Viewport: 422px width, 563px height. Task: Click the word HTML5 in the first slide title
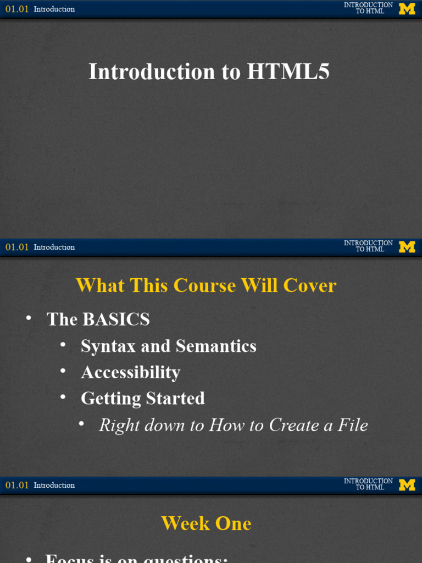coord(288,72)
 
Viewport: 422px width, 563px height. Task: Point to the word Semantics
coord(216,346)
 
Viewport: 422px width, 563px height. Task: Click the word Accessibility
coord(130,373)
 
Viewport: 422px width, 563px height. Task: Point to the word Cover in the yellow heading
coord(309,286)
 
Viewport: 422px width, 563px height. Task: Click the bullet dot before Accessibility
coord(63,372)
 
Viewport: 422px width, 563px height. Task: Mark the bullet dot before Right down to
coord(82,423)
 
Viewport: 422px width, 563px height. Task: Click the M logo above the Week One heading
coord(407,485)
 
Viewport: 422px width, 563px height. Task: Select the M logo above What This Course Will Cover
coord(407,247)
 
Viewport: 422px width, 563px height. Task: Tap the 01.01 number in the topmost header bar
coord(16,9)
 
